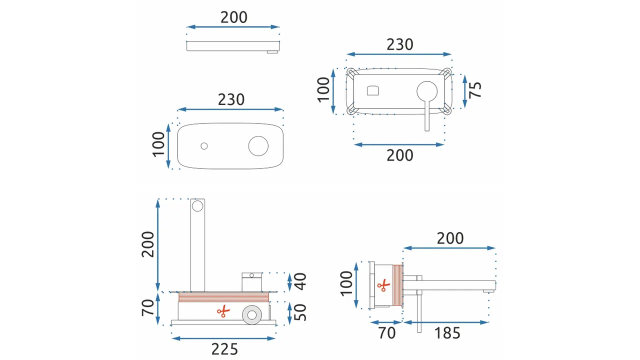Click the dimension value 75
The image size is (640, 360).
[475, 89]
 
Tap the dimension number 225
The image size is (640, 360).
[224, 349]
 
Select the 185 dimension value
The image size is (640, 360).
[447, 333]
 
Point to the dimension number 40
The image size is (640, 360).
[300, 281]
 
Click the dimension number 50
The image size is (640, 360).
[300, 312]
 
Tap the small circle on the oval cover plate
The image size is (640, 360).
[204, 146]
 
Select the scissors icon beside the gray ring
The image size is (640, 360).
[223, 311]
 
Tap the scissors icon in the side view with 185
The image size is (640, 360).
[383, 285]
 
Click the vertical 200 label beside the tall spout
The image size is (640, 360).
[147, 244]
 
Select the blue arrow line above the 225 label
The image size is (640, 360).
[223, 338]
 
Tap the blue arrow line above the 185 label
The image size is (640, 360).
[446, 322]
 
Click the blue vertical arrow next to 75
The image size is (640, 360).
[465, 91]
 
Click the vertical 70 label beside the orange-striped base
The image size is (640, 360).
[147, 307]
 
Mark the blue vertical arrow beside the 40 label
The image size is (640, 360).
[289, 282]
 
